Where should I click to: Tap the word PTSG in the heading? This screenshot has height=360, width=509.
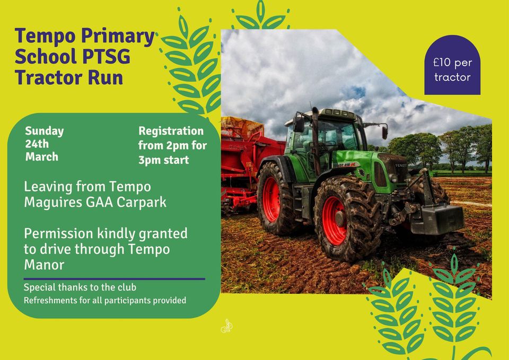coord(106,56)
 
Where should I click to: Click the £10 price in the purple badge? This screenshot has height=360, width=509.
coord(442,63)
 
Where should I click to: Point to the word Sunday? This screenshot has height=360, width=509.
coord(45,131)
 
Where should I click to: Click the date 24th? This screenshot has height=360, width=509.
coord(37,144)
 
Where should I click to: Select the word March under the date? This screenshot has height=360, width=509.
coord(41,156)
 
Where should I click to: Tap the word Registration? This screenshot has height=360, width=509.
coord(171,131)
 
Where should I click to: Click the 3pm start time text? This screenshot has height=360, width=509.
coord(164,160)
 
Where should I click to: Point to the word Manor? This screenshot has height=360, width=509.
coord(44,265)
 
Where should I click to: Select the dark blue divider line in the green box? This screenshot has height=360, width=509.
coord(115,279)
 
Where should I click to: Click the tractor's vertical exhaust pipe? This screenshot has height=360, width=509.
coord(315,139)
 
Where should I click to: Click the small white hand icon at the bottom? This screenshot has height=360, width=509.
coord(226,326)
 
